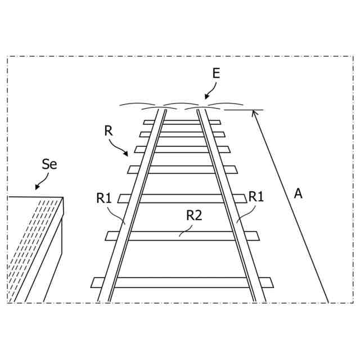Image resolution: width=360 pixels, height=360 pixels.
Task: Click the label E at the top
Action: (x=217, y=74)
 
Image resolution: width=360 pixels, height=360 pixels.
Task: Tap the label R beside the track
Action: (x=109, y=131)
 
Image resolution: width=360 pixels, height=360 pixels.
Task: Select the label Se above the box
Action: (x=49, y=164)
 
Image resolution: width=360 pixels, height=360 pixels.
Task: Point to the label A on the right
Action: (x=298, y=193)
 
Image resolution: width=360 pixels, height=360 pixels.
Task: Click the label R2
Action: (x=194, y=214)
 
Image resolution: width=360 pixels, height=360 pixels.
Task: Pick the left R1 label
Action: (x=104, y=197)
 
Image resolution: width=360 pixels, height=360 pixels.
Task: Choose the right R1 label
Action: (x=256, y=196)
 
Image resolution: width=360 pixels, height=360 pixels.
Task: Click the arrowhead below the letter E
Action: (x=206, y=98)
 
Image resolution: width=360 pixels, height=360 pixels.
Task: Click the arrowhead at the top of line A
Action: (x=254, y=112)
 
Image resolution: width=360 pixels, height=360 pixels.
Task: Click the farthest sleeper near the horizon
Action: (x=182, y=122)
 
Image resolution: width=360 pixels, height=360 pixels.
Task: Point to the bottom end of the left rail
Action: (x=103, y=300)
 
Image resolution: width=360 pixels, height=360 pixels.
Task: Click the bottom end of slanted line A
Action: (x=328, y=301)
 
